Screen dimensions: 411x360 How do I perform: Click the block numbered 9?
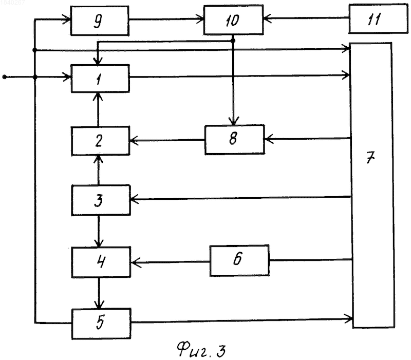[100, 21]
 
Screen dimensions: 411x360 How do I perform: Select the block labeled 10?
[233, 20]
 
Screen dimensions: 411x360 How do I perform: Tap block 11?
[378, 18]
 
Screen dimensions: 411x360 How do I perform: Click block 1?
[100, 79]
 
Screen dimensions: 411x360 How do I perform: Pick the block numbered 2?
[100, 141]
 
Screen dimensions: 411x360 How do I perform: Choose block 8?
[234, 140]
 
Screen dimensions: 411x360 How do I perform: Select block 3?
[101, 200]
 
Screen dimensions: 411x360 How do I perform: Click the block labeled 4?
[101, 262]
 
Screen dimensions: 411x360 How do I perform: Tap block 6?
[239, 260]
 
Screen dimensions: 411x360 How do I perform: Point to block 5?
[101, 324]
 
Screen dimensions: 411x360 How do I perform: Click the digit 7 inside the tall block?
[370, 158]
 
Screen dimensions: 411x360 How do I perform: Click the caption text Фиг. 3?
[201, 350]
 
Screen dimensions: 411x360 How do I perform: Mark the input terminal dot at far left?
[4, 77]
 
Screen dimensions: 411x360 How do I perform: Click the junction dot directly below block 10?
[233, 41]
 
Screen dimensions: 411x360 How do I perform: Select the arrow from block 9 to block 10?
[166, 19]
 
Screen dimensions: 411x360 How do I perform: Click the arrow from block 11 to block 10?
[306, 18]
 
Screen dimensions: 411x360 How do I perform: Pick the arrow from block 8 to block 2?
[167, 140]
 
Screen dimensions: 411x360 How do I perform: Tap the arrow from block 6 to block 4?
[171, 262]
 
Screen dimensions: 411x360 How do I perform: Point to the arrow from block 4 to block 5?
[99, 293]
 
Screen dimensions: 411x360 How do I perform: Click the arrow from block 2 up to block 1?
[98, 109]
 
